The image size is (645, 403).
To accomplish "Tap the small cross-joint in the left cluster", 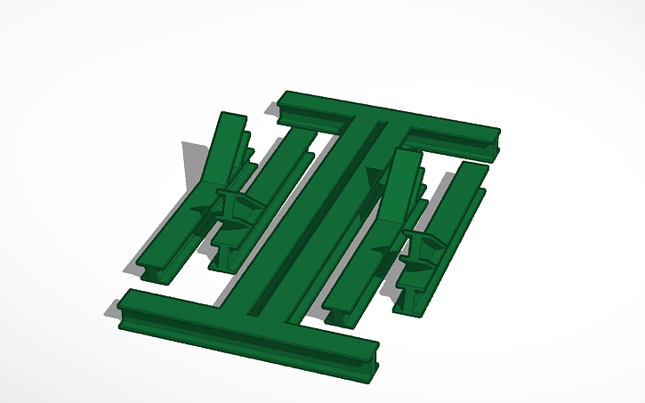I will pos(233,214).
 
